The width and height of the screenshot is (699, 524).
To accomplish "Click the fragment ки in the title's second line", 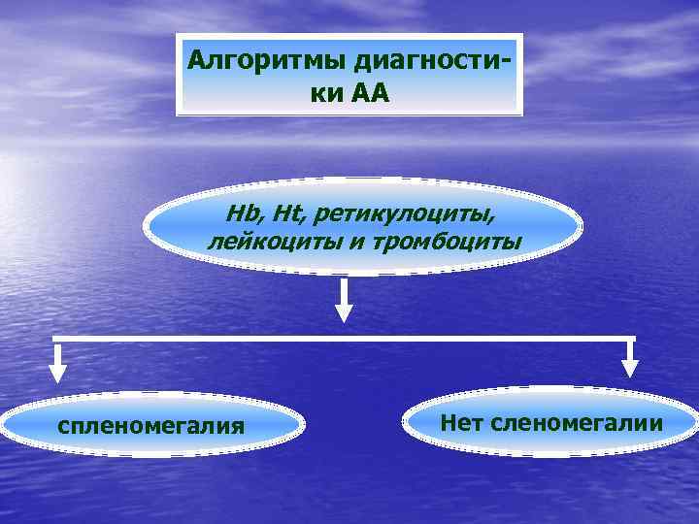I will [x=331, y=94].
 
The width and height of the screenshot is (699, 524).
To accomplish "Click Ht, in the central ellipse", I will [x=281, y=213].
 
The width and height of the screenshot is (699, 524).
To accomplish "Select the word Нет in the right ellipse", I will [x=462, y=423].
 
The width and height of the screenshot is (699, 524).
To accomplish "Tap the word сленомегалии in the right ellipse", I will [x=578, y=423].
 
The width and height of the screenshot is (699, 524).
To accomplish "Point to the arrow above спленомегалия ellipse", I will [x=58, y=364].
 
